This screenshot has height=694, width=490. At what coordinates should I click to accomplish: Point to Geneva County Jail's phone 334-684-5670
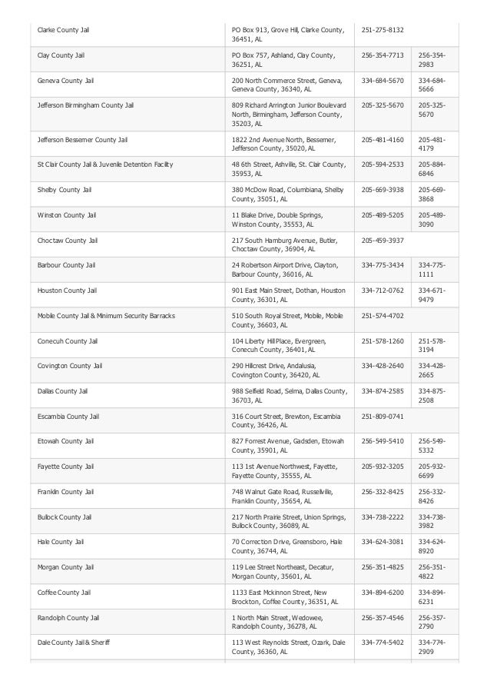(382, 80)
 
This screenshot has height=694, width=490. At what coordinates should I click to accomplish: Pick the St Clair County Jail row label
(105, 164)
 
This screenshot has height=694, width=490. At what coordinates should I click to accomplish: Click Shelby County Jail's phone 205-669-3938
(382, 189)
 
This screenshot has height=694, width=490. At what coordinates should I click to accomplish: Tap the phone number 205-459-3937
(382, 240)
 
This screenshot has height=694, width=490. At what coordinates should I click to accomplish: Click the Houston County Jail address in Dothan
(289, 295)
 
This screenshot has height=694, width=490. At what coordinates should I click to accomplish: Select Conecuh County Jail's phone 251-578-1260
(382, 340)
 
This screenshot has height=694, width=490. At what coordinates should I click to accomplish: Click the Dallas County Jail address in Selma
(289, 396)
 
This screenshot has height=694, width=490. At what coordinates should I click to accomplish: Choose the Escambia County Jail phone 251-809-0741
(382, 416)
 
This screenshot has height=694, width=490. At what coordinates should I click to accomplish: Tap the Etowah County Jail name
(66, 441)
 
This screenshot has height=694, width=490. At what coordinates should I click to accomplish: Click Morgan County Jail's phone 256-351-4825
(382, 566)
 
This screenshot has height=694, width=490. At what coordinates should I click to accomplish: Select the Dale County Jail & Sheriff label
(74, 642)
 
